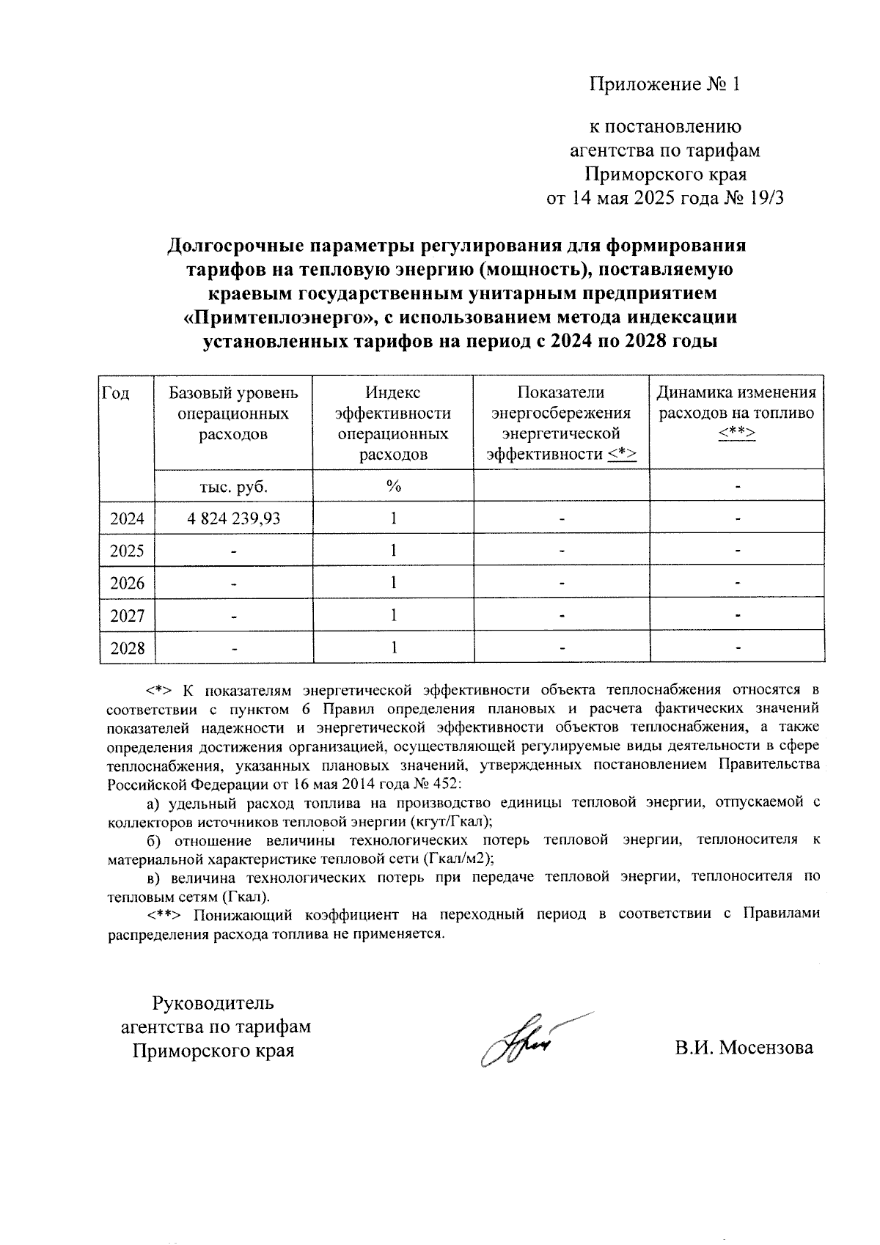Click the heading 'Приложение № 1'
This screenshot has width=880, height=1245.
coord(665,85)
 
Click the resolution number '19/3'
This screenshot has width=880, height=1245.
coord(766,198)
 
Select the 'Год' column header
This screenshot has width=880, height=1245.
coord(115,394)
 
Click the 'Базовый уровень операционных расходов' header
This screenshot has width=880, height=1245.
coord(233,414)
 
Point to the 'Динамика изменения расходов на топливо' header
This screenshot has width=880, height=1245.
coord(736,414)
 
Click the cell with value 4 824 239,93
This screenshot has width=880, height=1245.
coord(233,518)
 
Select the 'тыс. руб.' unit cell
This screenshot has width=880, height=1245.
coord(233,486)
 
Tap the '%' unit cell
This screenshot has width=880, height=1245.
coord(393,486)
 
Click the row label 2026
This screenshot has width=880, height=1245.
coord(127,584)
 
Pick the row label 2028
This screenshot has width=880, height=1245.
coord(127,648)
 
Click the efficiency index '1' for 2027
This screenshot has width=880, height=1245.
coord(393,615)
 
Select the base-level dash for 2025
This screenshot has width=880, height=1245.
coord(233,551)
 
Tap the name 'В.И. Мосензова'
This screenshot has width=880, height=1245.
coord(744,1048)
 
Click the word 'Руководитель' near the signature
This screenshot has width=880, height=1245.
coord(213,1002)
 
